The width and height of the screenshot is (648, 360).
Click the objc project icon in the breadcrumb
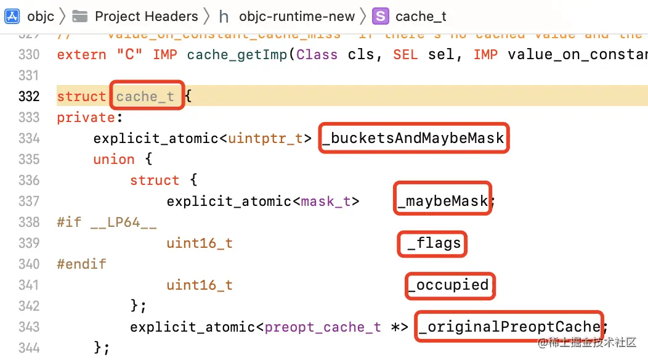(12, 16)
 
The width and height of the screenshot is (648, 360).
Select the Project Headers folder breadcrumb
(147, 16)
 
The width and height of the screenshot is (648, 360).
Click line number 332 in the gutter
(29, 96)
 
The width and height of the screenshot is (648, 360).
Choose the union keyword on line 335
(114, 159)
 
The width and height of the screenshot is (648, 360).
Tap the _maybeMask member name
(442, 201)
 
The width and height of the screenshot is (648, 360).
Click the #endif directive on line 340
(81, 264)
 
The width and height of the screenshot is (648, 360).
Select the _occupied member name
(449, 285)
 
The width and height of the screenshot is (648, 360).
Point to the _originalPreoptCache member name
(509, 327)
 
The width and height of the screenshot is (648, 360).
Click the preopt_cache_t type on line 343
(323, 327)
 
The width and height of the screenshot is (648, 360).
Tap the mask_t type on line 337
(330, 201)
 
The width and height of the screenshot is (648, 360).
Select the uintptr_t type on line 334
(266, 138)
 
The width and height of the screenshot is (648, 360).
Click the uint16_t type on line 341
(200, 285)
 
